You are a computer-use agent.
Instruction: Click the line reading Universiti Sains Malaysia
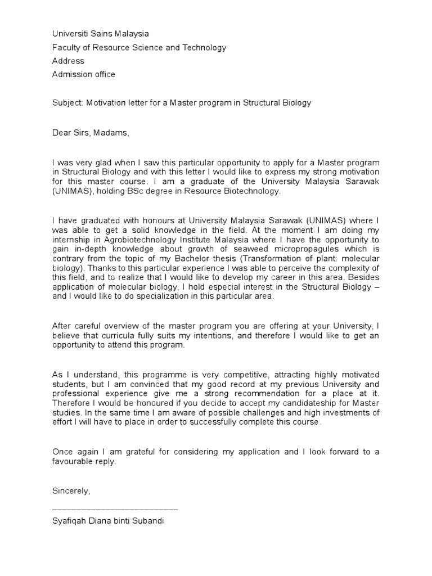101,34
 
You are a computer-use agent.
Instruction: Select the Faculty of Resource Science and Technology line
139,48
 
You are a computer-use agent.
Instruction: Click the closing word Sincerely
70,491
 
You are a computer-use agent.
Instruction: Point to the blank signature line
115,508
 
